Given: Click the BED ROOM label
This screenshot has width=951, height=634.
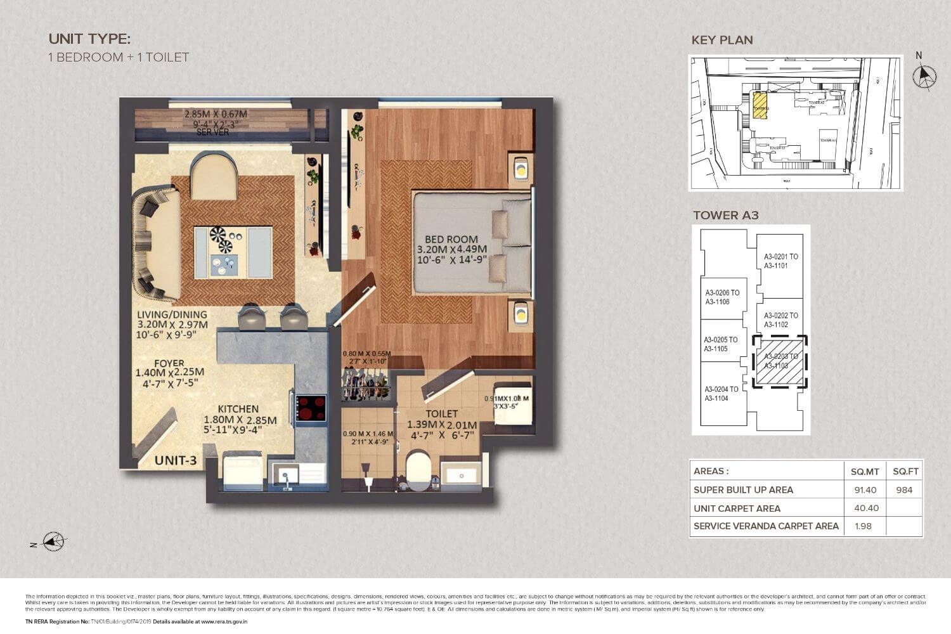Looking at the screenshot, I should coord(451,240).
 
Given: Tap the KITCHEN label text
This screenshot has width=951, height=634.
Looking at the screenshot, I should coord(238,410).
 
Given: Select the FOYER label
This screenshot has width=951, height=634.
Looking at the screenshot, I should coord(169,363).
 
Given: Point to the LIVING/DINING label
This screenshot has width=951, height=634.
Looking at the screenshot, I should coord(172,314).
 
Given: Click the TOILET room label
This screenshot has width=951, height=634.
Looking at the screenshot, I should coord(442,413).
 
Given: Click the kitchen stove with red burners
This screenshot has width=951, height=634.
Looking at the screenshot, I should coord(311,408).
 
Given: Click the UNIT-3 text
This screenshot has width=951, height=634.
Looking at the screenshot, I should coord(176,461).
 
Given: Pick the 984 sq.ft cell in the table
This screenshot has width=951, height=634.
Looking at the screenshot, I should coord(905,489).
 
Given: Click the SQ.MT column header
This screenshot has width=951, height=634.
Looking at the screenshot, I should coord(865,471).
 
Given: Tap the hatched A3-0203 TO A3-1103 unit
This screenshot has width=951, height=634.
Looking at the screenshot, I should coord(780,361).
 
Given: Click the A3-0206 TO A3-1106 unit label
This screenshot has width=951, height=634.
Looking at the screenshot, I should coord(722,297).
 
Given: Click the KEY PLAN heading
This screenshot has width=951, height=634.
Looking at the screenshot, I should coord(722,40).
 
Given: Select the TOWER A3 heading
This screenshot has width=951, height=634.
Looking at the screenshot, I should coord(725,215).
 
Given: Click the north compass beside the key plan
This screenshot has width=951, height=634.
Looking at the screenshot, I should coord(923,75).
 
